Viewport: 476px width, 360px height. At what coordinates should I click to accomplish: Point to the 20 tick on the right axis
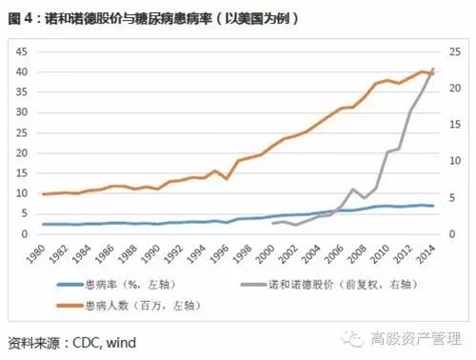(455, 89)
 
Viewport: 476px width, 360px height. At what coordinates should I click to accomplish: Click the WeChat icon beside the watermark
(357, 339)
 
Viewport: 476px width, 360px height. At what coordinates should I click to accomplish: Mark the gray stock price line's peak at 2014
(433, 69)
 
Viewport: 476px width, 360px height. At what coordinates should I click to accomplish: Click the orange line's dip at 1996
(227, 178)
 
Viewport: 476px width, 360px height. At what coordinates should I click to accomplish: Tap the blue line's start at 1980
(44, 224)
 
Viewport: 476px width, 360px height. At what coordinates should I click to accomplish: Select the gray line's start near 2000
(273, 223)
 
